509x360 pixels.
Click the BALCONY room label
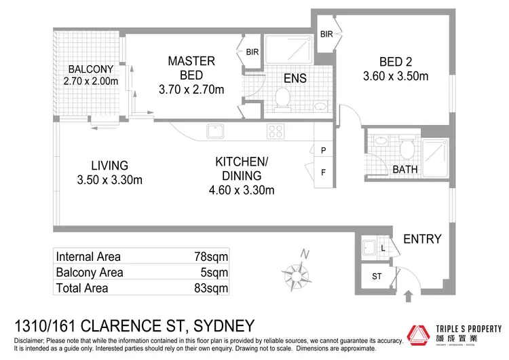90,69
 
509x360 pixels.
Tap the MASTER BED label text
191,68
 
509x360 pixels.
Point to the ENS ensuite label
295,78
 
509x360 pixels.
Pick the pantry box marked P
324,150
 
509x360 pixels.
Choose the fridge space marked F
324,172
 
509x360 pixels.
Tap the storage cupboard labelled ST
376,276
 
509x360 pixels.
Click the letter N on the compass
305,254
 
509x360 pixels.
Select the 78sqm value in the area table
210,257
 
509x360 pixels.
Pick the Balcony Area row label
90,272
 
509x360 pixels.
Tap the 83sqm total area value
210,288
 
